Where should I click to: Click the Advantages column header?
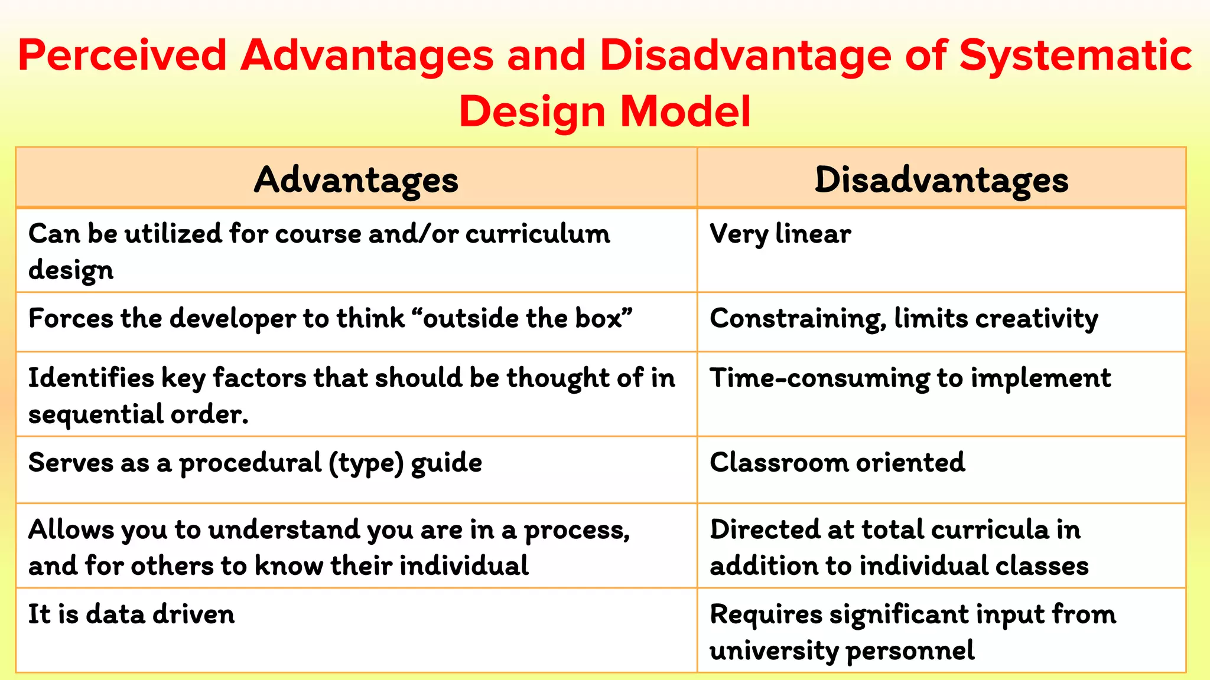pos(356,179)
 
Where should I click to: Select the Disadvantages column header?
pos(941,179)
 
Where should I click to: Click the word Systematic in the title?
pos(1075,55)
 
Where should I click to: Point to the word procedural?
pos(250,463)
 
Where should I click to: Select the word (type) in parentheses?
pos(366,463)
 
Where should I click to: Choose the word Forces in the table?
pos(70,319)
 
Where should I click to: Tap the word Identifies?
pos(91,378)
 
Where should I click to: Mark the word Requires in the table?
pos(766,614)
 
